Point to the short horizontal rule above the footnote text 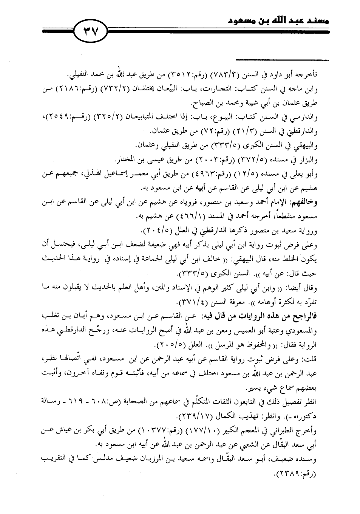coord(282,59)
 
